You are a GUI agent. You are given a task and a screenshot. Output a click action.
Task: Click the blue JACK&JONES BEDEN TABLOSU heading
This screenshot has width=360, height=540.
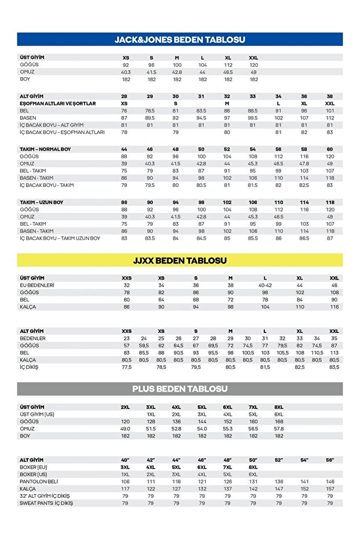(180, 39)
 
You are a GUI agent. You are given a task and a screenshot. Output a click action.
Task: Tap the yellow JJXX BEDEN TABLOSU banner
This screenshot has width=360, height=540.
(180, 260)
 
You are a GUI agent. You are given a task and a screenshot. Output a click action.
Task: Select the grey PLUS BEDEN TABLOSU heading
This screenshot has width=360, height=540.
(180, 389)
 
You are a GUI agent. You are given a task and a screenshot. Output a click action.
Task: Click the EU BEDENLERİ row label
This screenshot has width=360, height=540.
(37, 285)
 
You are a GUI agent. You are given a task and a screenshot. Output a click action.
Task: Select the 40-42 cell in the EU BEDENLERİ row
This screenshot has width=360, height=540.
(265, 285)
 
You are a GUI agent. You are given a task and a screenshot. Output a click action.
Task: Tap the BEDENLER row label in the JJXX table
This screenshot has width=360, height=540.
(33, 338)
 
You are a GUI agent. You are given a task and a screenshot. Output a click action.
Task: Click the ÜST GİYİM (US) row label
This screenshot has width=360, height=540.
(37, 414)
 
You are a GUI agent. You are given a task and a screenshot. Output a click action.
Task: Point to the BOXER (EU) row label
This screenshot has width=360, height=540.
(34, 467)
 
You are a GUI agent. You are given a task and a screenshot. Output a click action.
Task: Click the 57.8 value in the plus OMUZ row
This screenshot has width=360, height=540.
(279, 429)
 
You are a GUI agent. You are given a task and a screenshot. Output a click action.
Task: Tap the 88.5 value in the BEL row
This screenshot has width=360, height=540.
(253, 110)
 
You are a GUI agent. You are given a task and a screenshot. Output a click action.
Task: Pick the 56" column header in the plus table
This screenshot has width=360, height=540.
(330, 459)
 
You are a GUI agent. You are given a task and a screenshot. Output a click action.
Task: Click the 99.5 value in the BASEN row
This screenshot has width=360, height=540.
(253, 118)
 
